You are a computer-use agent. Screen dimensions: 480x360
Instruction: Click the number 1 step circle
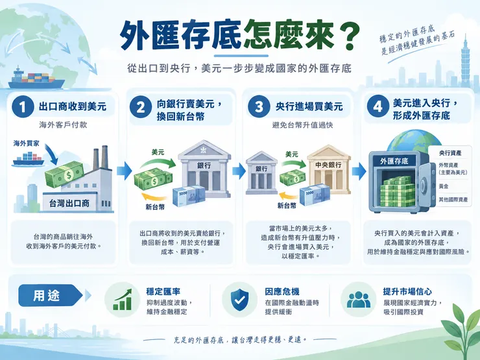click(22, 106)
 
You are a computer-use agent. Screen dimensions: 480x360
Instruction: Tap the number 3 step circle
click(259, 106)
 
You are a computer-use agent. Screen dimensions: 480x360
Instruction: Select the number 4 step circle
click(378, 106)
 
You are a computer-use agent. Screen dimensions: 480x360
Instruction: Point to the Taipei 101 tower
click(465, 61)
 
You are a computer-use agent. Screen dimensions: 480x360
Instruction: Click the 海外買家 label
click(27, 143)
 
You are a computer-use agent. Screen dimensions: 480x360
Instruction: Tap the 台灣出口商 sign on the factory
click(69, 203)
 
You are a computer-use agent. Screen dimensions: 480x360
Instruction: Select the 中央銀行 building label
click(328, 165)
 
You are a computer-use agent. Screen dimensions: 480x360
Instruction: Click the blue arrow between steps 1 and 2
click(124, 171)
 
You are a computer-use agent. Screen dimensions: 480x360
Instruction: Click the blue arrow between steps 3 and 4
click(359, 171)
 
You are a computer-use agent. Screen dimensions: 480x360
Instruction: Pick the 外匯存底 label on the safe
click(394, 162)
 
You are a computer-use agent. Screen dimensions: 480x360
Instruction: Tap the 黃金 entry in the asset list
click(444, 186)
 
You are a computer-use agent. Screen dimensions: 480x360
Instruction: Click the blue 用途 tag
click(51, 295)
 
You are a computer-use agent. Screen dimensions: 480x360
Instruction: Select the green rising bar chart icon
click(123, 300)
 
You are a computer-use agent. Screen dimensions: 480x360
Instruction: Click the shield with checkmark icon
click(240, 300)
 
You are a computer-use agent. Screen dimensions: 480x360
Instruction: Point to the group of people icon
click(359, 300)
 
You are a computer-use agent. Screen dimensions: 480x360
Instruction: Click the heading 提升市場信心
click(407, 291)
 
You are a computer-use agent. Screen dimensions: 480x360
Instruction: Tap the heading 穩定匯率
click(163, 291)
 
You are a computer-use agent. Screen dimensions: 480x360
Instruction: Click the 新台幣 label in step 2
click(155, 207)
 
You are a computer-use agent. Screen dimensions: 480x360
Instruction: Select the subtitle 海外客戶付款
click(63, 125)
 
